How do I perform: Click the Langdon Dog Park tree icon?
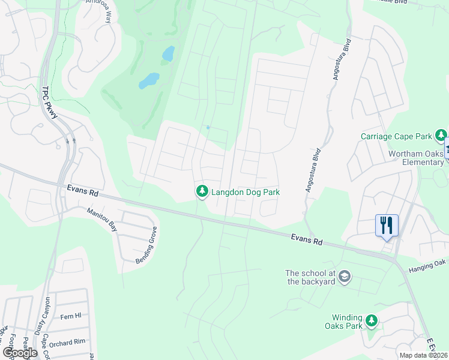[x=202, y=191]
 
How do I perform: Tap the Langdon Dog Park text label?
[x=246, y=192]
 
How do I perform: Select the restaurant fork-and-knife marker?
[x=387, y=226]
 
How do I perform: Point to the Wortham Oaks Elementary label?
[x=416, y=158]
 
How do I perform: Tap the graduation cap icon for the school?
[x=345, y=277]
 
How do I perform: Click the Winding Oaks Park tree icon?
[x=372, y=321]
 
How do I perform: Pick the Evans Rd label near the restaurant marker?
[x=306, y=239]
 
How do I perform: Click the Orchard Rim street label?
[x=68, y=343]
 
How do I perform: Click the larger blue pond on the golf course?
[x=149, y=80]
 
